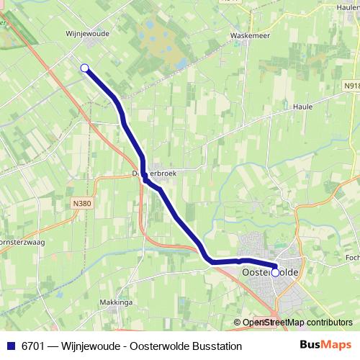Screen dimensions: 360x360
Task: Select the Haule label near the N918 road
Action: pos(302,106)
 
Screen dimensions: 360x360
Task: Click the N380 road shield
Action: pos(83,204)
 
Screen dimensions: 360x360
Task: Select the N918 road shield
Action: pos(349,84)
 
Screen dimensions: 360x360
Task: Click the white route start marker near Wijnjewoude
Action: pos(85,68)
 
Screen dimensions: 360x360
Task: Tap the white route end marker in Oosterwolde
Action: pos(275,272)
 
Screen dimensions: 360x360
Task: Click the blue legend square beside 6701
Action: pos(10,346)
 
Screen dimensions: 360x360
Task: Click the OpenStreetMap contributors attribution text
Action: pos(297,323)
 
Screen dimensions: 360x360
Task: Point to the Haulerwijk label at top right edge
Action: pos(348,6)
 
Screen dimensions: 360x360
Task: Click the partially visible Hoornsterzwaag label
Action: pos(22,243)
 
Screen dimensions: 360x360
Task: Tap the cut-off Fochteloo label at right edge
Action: pos(352,257)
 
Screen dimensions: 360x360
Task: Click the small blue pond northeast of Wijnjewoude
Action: pos(175,64)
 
